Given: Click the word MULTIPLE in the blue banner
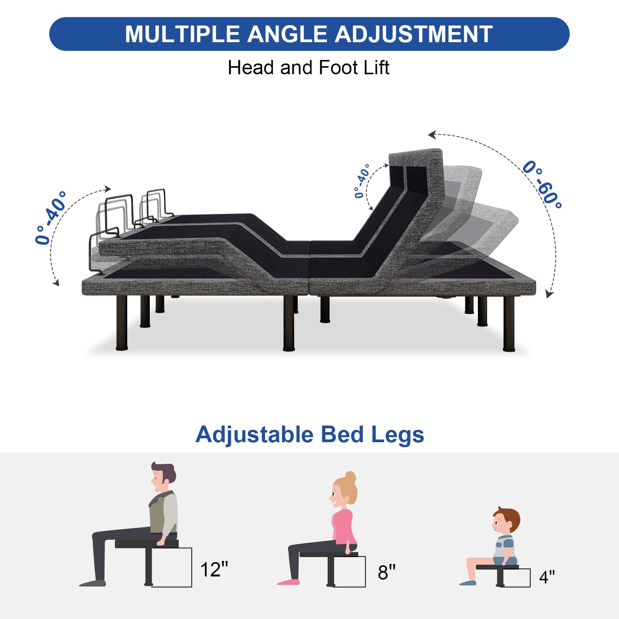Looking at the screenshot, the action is click(183, 34).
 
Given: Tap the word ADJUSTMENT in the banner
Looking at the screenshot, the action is click(414, 34).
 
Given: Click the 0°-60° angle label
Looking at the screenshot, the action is click(542, 185).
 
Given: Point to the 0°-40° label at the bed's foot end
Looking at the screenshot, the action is click(51, 217).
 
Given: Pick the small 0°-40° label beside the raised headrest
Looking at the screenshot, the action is click(362, 181).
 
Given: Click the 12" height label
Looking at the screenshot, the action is click(214, 569).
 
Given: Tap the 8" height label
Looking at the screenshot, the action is click(386, 572).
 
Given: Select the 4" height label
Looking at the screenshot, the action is click(547, 577).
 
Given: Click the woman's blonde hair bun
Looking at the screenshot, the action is click(351, 477).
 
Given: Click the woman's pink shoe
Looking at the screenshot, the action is click(288, 581).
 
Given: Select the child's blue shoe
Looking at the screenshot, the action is click(468, 583).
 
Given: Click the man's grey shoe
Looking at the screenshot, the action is click(92, 583).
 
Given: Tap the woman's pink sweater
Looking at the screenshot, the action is click(344, 527).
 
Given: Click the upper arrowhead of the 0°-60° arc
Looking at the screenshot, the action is click(432, 135).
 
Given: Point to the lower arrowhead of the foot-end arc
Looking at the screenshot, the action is click(56, 282).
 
